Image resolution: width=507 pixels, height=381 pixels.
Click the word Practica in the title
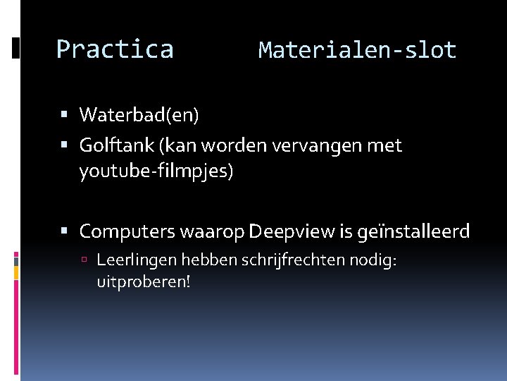pos(115,50)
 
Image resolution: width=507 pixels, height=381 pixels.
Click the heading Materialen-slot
pos(357,50)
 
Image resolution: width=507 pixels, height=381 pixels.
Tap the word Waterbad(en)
pos(139,114)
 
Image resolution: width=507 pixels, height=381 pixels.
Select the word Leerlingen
pos(137,261)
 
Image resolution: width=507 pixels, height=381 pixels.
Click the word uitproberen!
pos(144,282)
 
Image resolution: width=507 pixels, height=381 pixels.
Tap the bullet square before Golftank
pos(64,146)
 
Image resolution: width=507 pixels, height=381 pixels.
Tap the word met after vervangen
pos(387,146)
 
